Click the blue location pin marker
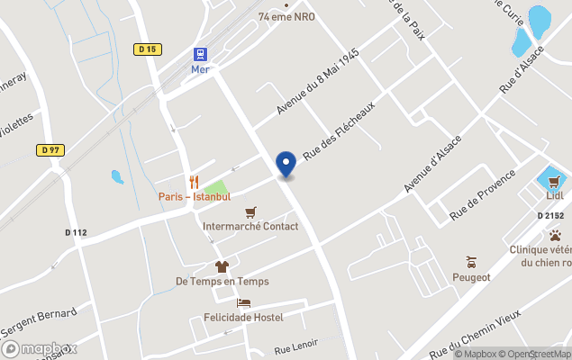point(286,164)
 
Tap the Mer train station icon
point(199,54)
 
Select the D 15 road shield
point(147,50)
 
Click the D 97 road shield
point(50,149)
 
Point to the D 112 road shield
point(77,232)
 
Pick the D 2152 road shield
point(550,216)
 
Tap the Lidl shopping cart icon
point(554,180)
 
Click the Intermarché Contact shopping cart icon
point(250,212)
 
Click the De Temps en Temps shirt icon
point(222,266)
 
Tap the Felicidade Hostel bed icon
point(242,303)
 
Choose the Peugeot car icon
point(470,262)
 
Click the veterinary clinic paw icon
point(555,236)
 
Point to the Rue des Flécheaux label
point(338,131)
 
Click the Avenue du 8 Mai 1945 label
point(317,82)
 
